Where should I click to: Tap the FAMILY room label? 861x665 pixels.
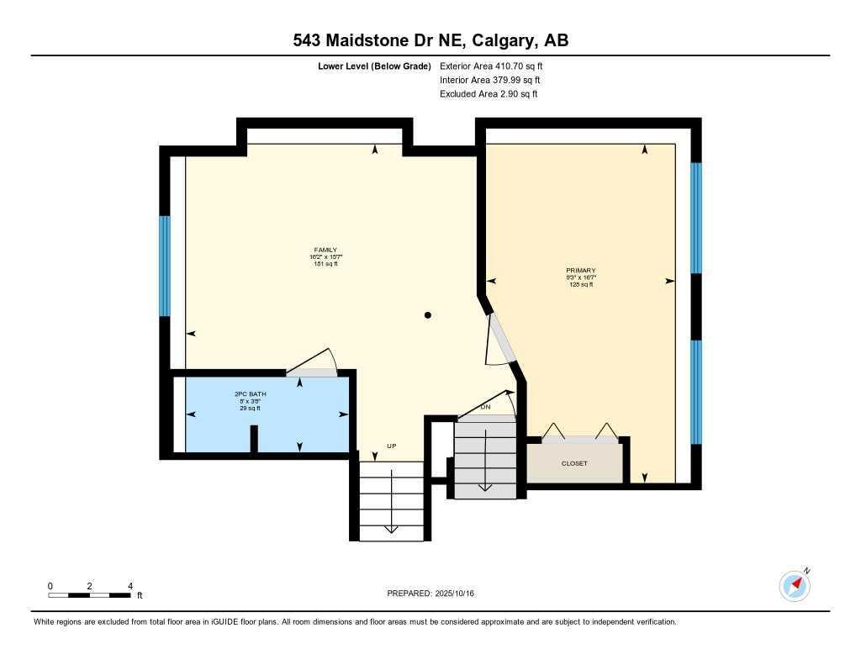325,250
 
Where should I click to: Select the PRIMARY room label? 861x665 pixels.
580,271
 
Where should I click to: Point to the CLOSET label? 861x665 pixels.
574,463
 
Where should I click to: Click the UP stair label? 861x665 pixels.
391,446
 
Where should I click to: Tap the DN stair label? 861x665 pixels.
485,408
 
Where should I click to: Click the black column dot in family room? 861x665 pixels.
428,315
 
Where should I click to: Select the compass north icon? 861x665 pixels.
795,585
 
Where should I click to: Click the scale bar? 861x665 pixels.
89,595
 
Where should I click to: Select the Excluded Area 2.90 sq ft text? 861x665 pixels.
489,94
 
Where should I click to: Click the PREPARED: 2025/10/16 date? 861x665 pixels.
430,594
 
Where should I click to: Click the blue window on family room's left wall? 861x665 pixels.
165,266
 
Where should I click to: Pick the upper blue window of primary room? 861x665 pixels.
696,218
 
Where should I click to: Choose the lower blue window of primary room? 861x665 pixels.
696,391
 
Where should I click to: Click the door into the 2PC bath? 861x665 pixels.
311,372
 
